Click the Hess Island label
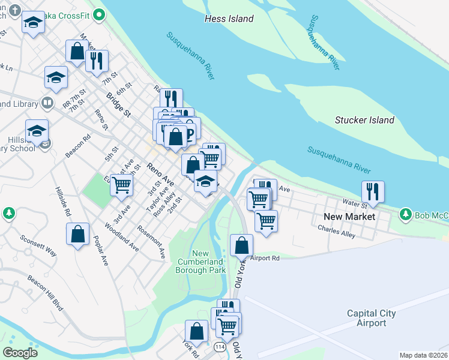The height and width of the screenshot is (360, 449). pos(229,19)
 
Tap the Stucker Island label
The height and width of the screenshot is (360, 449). pos(364,120)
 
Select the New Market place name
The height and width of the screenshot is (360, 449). pos(349,217)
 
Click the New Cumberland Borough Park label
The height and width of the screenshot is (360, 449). pos(201,262)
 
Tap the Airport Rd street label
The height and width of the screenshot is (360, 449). pos(265,259)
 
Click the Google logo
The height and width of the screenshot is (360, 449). pos(20,352)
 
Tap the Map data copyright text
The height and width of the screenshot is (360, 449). pos(424,355)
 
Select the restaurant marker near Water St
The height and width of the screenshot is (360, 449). pos(373,191)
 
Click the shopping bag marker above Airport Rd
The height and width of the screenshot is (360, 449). pos(241,245)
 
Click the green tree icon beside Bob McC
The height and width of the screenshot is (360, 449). pos(406,214)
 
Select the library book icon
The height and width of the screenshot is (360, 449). pos(47,104)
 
